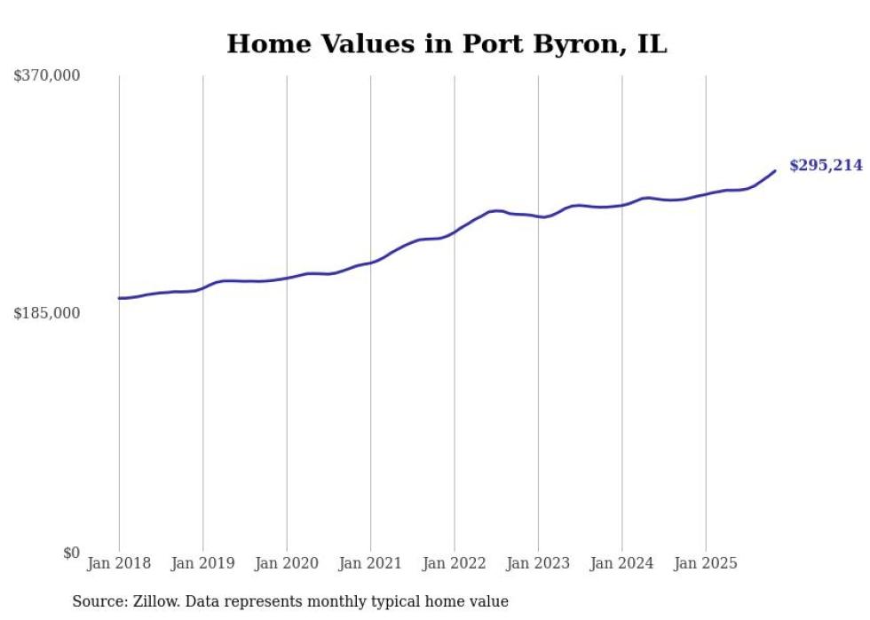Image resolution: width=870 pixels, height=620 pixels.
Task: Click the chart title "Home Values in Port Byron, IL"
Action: point(447,44)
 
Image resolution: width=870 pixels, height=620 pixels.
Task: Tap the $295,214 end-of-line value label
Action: point(826,166)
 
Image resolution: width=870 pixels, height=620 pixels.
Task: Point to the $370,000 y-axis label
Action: point(47,76)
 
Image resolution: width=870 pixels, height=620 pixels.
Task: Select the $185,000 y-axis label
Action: point(47,313)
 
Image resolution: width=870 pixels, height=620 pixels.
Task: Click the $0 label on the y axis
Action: point(71,553)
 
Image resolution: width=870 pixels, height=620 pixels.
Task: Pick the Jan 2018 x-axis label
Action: point(119,563)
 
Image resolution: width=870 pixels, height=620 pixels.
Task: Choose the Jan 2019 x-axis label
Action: point(202,563)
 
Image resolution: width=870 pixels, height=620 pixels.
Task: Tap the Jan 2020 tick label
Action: point(287,563)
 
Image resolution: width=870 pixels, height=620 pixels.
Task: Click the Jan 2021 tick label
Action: point(370,563)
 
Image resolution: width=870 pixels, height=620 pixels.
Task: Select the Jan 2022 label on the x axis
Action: point(455,563)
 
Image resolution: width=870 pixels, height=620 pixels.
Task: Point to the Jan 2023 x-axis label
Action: point(538,563)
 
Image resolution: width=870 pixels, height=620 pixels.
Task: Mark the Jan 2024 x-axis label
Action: point(621,563)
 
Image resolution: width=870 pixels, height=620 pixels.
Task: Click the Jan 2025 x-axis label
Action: point(706,563)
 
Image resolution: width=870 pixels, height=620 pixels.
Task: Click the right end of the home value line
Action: point(775,171)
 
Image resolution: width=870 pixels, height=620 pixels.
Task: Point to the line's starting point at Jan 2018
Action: point(119,298)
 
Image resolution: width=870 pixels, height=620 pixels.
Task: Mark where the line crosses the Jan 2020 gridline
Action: point(287,278)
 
